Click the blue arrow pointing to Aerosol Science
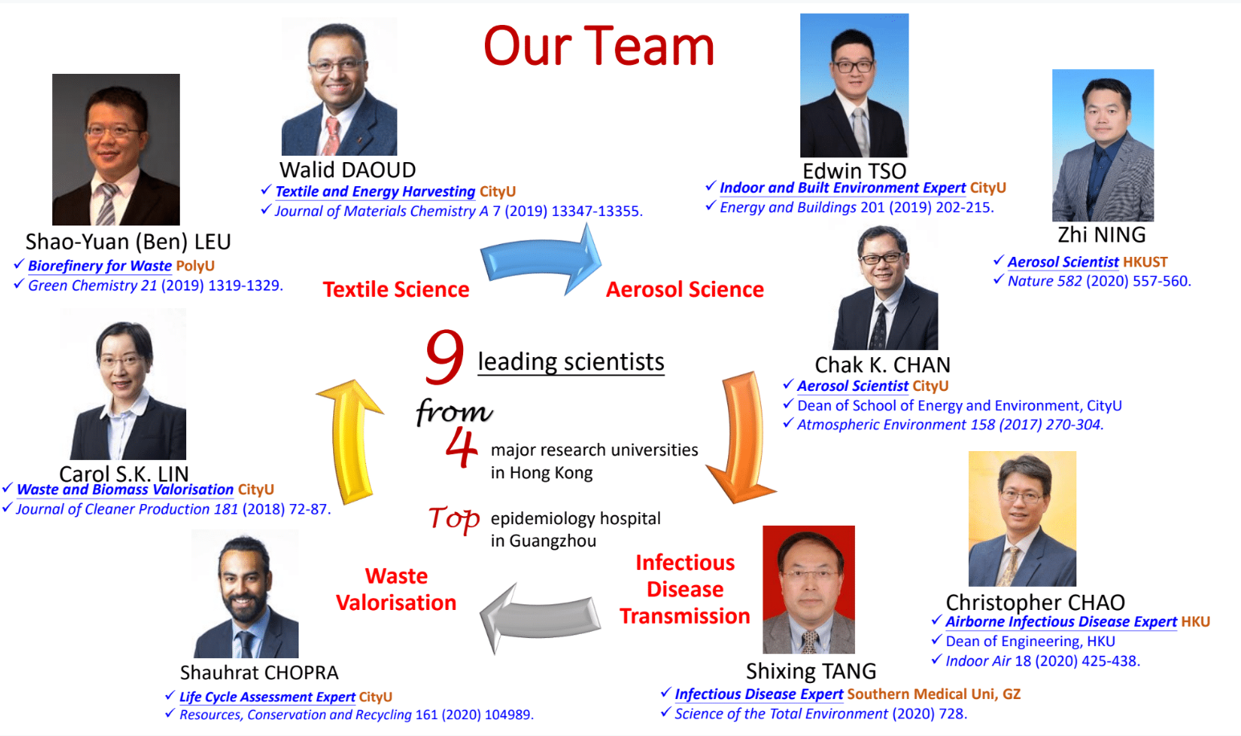pos(540,260)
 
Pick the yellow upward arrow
pos(350,441)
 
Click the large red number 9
pos(445,357)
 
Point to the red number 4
pos(461,448)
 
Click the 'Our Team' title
pos(599,47)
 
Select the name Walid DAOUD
pos(348,170)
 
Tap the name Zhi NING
pos(1101,235)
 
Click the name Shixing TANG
pos(811,671)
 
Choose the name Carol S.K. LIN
pos(124,474)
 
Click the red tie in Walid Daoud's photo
pos(332,136)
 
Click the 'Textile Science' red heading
pos(396,290)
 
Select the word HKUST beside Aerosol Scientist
pos(1145,262)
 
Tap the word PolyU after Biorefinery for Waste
pos(195,266)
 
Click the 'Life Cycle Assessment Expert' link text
pos(267,697)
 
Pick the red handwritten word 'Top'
pos(454,518)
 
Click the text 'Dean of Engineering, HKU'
pos(1030,641)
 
